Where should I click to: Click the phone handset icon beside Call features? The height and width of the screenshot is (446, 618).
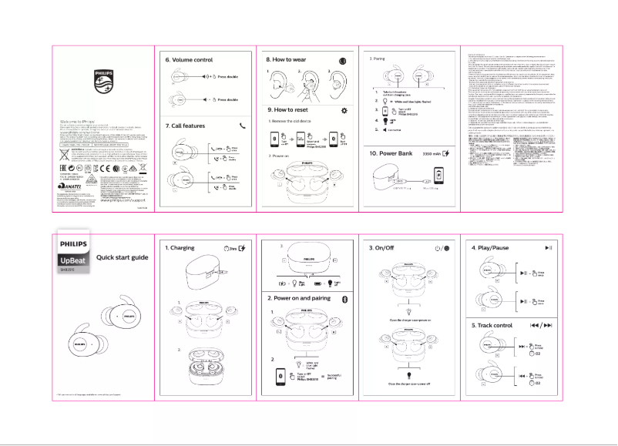(244, 125)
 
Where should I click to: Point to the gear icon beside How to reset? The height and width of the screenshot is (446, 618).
(344, 110)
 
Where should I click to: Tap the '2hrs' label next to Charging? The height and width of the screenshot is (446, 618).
(229, 248)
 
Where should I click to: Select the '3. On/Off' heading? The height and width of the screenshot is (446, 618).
(385, 248)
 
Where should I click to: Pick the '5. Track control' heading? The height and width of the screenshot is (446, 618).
(492, 326)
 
